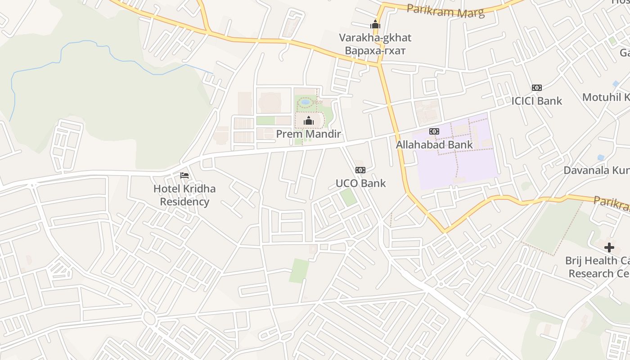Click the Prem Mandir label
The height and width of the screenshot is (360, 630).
pos(308,134)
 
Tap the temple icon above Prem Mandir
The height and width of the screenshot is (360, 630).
pos(309,121)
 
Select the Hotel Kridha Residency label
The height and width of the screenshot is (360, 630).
pos(184,195)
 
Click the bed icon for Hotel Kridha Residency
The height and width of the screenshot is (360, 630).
pos(184,175)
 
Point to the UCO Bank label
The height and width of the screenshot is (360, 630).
pos(360,183)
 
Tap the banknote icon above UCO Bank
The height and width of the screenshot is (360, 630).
pos(360,170)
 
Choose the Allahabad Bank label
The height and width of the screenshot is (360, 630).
pos(434,144)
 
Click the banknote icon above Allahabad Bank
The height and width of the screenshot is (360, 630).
pos(434,131)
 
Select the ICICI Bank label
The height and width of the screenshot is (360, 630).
pos(536,101)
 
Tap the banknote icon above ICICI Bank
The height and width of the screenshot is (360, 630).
pos(536,88)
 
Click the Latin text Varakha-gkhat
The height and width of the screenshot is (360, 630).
pos(375,37)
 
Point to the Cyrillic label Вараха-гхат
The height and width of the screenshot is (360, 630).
pos(375,50)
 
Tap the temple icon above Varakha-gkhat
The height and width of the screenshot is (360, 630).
pos(375,24)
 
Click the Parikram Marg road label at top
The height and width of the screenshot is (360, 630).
pos(445,10)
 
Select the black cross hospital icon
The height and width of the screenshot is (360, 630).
pos(609,247)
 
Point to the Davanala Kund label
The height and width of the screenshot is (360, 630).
pos(597,171)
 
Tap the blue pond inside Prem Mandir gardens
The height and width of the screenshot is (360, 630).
pos(306,102)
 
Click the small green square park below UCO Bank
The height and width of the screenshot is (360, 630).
pos(348,198)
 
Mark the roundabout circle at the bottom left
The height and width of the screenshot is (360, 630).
pos(150,319)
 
